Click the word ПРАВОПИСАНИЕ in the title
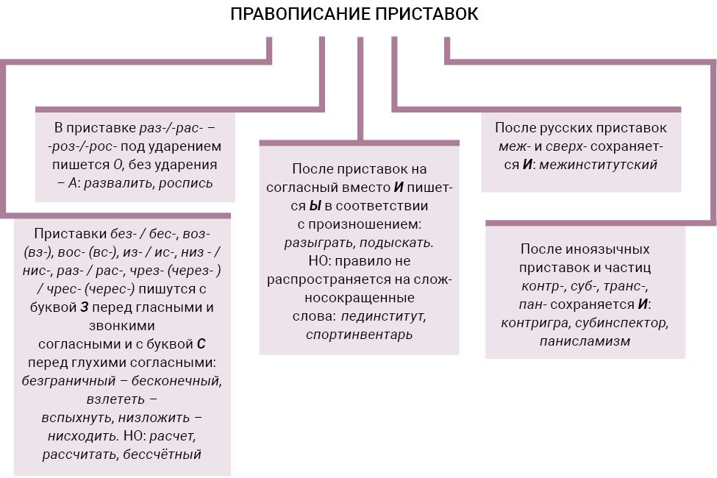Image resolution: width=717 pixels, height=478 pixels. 301,14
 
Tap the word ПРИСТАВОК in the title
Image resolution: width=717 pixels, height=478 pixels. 427,14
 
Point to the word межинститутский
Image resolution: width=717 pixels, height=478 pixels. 598,165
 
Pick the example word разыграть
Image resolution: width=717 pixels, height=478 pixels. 319,243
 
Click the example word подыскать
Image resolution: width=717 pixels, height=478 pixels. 396,243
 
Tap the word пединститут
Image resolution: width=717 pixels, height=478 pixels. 384,316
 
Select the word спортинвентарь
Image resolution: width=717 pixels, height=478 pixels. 360,335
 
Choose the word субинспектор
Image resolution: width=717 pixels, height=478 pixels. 622,323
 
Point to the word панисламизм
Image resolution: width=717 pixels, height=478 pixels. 585,341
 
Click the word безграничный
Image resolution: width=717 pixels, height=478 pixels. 68,381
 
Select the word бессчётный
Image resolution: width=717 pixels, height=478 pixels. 163,454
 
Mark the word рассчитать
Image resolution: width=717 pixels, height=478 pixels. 80,454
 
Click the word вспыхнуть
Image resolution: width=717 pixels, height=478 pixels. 77,418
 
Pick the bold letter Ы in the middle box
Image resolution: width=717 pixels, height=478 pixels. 315,206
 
